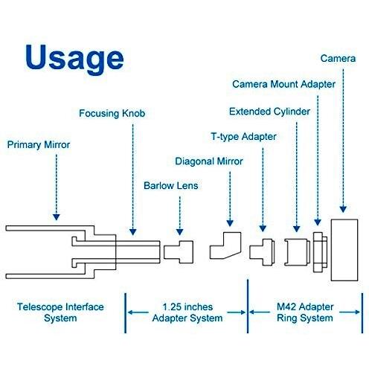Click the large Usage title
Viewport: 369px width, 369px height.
74,59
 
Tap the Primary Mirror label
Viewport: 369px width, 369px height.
39,144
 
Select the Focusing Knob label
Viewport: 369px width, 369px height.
112,113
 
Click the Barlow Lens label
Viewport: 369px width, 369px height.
171,185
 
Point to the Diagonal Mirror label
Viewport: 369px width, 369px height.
209,161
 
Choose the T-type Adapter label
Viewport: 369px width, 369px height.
243,137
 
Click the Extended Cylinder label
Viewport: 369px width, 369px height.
269,112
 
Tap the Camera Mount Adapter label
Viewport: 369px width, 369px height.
283,84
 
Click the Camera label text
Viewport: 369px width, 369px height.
338,59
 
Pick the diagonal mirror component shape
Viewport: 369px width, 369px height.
225,246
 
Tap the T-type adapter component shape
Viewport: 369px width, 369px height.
262,252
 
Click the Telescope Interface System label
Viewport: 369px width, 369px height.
60,312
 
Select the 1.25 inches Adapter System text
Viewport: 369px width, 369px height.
187,312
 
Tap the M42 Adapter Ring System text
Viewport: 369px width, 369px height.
305,312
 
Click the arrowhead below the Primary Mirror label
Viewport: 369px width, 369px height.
57,217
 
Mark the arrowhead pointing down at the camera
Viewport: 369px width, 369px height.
343,209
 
